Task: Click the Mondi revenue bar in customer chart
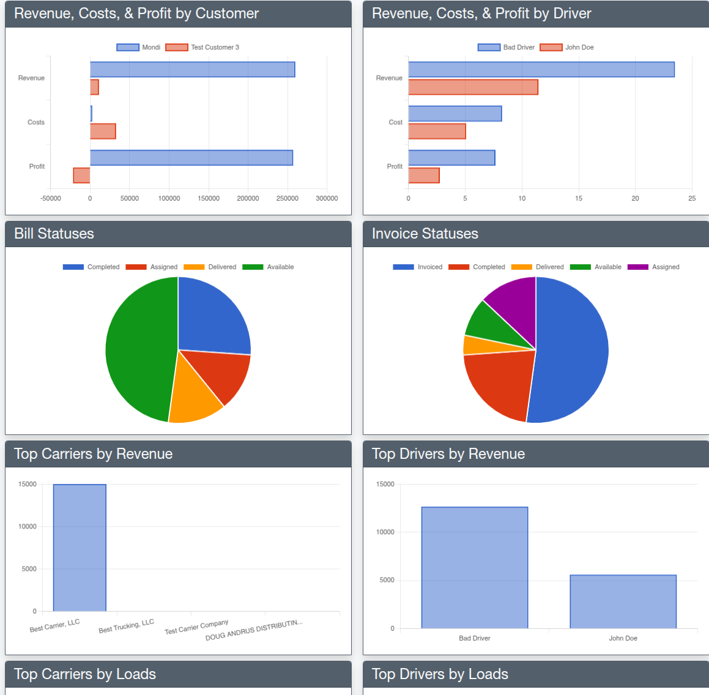pos(192,70)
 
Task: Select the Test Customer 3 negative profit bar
pos(81,176)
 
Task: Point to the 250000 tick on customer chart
pos(287,198)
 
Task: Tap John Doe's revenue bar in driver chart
pos(473,87)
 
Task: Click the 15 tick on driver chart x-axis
pos(578,198)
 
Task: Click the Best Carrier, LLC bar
pos(80,548)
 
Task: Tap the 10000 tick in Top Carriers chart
pos(28,527)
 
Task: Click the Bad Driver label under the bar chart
pos(474,638)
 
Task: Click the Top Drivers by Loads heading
pos(440,674)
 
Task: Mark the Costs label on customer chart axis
pos(35,122)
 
